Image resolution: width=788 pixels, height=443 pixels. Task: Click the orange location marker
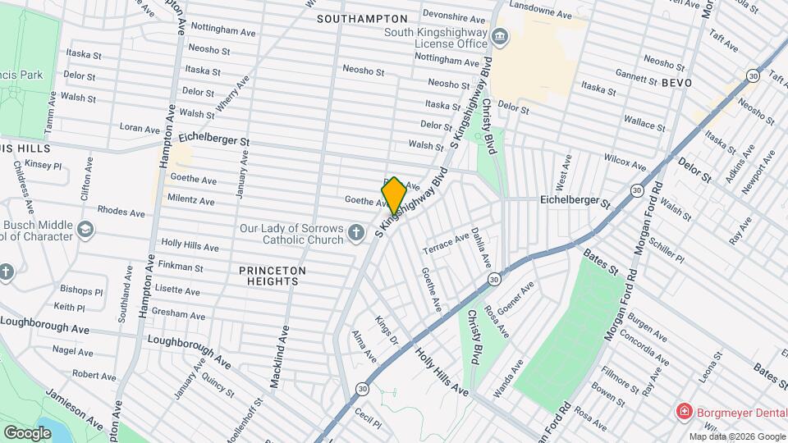click(x=394, y=195)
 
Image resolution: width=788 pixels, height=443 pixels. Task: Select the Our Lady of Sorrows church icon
click(x=355, y=234)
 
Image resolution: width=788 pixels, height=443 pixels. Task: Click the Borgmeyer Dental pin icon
click(x=682, y=410)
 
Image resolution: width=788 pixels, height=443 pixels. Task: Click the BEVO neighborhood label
click(x=677, y=83)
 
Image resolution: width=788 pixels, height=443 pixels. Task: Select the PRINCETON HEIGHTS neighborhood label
click(x=273, y=276)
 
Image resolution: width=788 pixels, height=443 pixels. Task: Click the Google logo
click(x=27, y=432)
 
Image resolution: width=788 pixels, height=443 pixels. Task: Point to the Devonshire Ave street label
click(x=453, y=17)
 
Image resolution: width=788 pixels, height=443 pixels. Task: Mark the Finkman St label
click(x=181, y=267)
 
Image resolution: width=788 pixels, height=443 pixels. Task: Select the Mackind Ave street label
click(x=280, y=357)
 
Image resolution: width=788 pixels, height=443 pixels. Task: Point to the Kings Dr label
click(x=386, y=328)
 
